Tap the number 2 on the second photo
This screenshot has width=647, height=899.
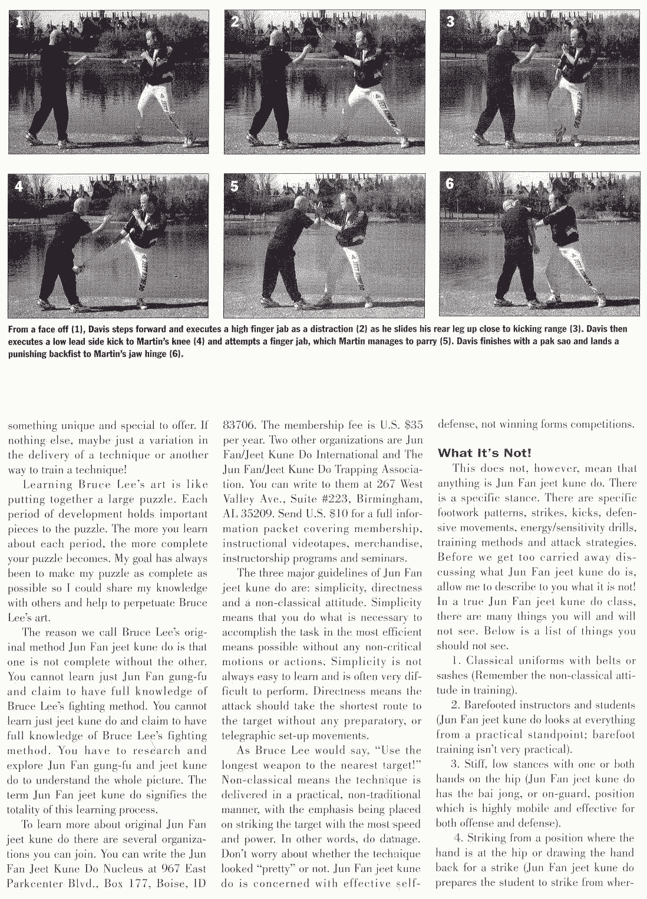coord(235,23)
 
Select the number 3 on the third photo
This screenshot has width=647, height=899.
coord(450,22)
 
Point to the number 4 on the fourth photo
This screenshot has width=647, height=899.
coord(19,186)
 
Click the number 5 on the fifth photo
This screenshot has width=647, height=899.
coord(235,187)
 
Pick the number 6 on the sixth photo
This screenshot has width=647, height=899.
coord(450,183)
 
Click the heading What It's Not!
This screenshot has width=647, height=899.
coord(484,453)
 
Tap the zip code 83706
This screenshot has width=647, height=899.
coord(238,425)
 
